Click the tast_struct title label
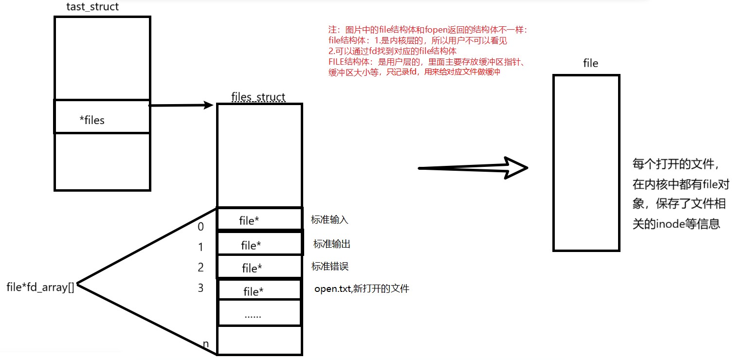point(92,7)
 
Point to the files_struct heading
point(258,96)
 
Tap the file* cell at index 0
point(259,219)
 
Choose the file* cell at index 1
point(259,244)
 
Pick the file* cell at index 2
point(259,267)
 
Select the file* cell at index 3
point(260,290)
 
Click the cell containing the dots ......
point(259,314)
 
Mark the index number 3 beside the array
point(201,288)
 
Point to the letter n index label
point(206,344)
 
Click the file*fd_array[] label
point(40,287)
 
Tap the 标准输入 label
point(329,220)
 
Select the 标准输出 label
point(331,244)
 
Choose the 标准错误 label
point(329,267)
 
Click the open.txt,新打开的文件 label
point(362,289)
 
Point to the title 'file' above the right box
point(590,64)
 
